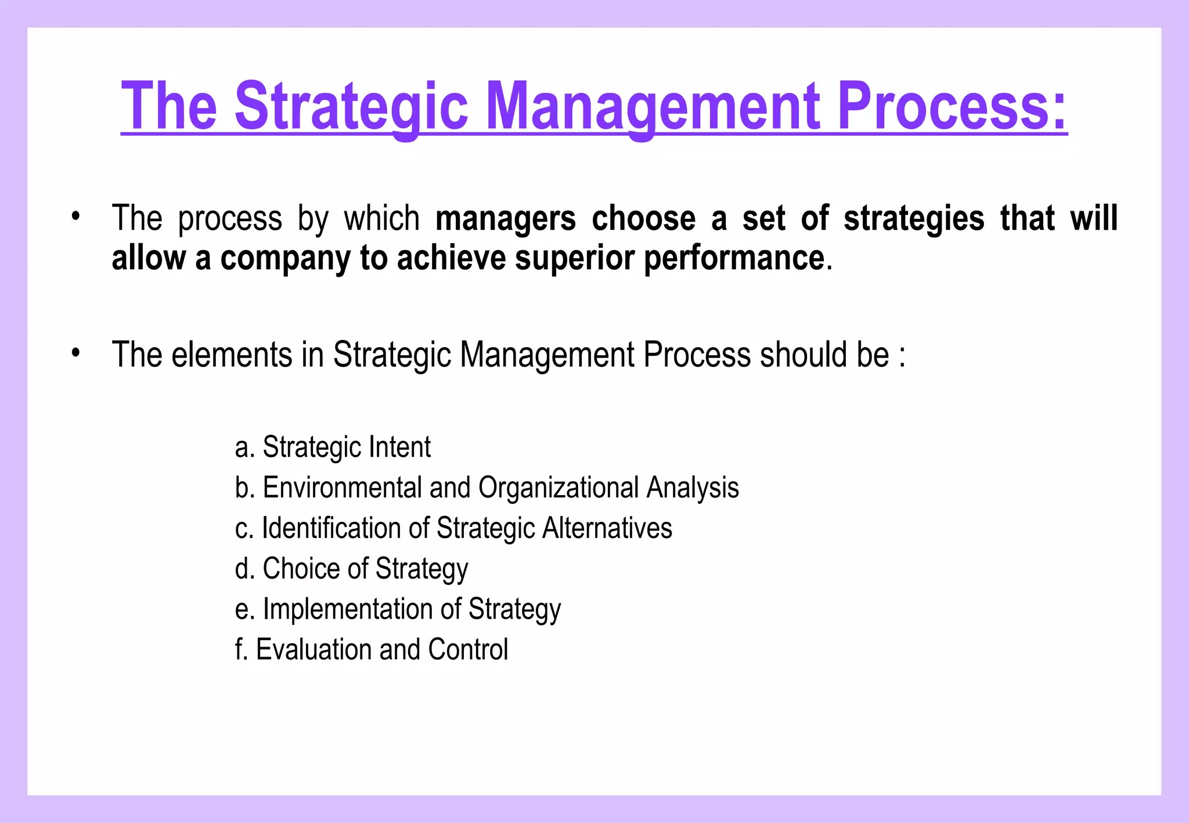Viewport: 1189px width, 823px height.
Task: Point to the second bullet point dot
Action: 75,353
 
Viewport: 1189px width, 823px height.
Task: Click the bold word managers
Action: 505,219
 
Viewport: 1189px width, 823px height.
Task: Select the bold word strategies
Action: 914,219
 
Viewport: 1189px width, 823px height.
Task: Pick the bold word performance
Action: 734,258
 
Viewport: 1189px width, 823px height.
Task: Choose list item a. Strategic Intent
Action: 333,447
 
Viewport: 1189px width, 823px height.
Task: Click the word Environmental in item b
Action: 342,488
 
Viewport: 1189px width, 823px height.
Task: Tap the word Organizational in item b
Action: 558,488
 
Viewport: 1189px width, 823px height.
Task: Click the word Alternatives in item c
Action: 607,528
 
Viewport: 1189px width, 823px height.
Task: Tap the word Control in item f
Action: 468,649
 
